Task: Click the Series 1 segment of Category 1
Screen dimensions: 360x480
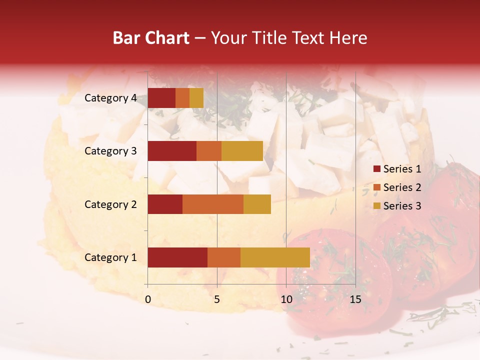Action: [x=177, y=257]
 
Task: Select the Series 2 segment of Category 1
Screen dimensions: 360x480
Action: [x=224, y=257]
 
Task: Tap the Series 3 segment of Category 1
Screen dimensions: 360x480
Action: [x=275, y=257]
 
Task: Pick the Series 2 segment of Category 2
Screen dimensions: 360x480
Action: [x=213, y=204]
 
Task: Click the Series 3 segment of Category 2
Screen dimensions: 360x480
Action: [x=257, y=204]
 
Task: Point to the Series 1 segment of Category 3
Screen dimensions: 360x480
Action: [x=172, y=151]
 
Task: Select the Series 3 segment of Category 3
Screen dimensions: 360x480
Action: [x=242, y=151]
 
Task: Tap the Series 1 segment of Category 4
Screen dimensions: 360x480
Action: [x=161, y=97]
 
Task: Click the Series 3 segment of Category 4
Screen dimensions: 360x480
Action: [x=196, y=97]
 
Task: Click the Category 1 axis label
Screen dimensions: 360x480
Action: [x=110, y=257]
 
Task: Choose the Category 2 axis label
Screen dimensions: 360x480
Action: [x=110, y=204]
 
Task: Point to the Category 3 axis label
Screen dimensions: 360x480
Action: [x=110, y=151]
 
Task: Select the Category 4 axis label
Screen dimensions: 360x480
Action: [x=110, y=98]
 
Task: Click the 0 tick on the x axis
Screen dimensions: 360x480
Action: [x=148, y=299]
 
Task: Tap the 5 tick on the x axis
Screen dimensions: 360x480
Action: [x=217, y=299]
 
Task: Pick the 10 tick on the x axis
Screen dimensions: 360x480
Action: [x=286, y=299]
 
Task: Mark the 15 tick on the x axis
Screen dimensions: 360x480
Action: [x=355, y=299]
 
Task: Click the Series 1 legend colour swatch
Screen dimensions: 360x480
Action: [x=376, y=169]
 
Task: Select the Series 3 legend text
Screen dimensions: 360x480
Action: [x=402, y=206]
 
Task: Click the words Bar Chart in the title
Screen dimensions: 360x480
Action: [x=151, y=38]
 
